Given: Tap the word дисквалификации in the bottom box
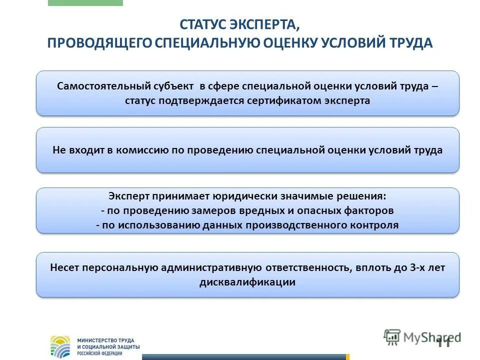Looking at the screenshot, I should [247, 282].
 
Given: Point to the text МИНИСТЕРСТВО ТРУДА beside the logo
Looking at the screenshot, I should [105, 340].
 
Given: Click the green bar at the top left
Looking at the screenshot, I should [85, 2].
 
